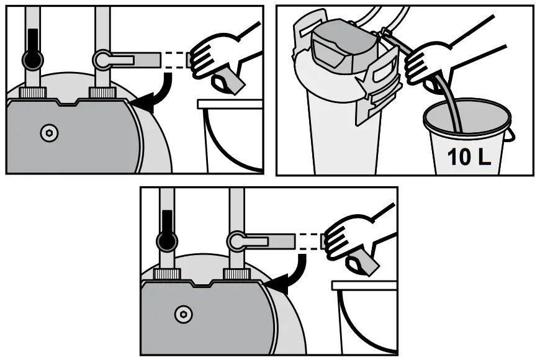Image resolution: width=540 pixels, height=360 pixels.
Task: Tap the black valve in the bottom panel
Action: click(x=166, y=238)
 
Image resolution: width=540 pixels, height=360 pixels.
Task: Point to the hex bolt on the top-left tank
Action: click(x=48, y=133)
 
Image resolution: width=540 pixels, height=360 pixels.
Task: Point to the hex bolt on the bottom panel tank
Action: click(x=182, y=313)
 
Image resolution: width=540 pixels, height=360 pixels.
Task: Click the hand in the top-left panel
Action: click(x=214, y=59)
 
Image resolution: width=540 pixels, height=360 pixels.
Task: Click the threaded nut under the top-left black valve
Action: click(x=32, y=92)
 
